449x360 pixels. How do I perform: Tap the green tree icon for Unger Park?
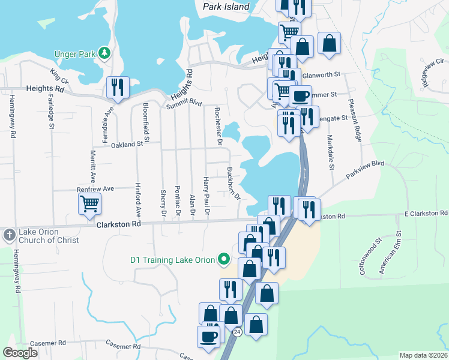click(105, 53)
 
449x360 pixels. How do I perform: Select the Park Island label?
click(226, 7)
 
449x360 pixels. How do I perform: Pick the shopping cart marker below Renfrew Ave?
click(89, 203)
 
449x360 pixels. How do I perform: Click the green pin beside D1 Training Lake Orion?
click(224, 259)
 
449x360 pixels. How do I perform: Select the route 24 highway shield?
click(238, 331)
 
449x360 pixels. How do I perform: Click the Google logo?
click(20, 353)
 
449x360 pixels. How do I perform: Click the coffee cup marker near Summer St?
click(300, 95)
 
